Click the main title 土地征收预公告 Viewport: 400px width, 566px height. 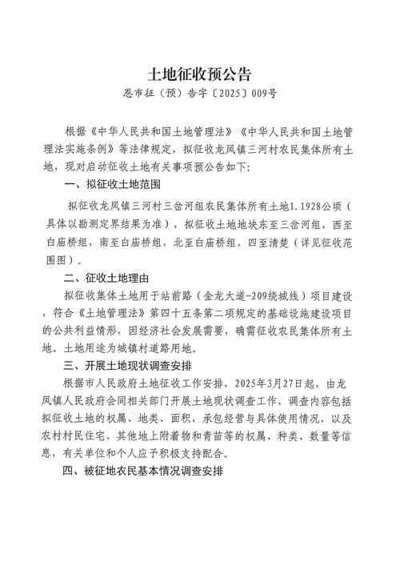[x=200, y=74]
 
